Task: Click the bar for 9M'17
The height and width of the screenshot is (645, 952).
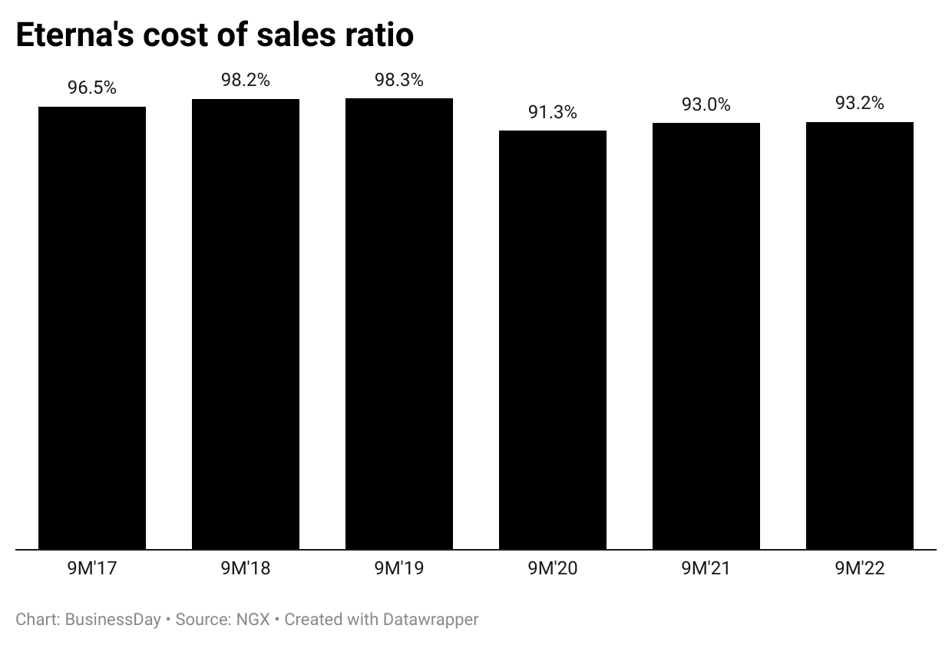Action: pyautogui.click(x=92, y=328)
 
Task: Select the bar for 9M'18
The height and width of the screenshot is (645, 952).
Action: pyautogui.click(x=246, y=324)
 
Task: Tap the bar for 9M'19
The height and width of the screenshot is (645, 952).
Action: pyautogui.click(x=399, y=323)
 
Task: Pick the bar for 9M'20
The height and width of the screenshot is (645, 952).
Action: pyautogui.click(x=553, y=340)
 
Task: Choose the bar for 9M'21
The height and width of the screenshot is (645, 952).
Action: pyautogui.click(x=706, y=336)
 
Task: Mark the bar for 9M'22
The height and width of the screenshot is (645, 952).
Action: pyautogui.click(x=860, y=336)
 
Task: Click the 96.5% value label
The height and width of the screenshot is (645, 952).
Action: pyautogui.click(x=92, y=88)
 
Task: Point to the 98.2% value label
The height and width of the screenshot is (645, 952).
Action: pyautogui.click(x=246, y=80)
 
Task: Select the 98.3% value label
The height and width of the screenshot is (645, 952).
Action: pyautogui.click(x=399, y=79)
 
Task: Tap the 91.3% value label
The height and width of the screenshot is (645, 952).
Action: pyautogui.click(x=553, y=112)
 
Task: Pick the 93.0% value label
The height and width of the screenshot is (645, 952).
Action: pyautogui.click(x=706, y=104)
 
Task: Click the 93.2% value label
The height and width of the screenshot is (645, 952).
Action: pyautogui.click(x=860, y=103)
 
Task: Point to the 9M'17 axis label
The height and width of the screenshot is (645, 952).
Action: pyautogui.click(x=92, y=569)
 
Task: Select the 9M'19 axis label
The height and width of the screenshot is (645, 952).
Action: pyautogui.click(x=399, y=569)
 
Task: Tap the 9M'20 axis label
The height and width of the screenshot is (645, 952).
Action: pyautogui.click(x=553, y=569)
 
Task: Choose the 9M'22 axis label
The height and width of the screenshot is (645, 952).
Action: pyautogui.click(x=860, y=569)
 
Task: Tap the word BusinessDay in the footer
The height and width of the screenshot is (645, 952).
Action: pyautogui.click(x=113, y=619)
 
